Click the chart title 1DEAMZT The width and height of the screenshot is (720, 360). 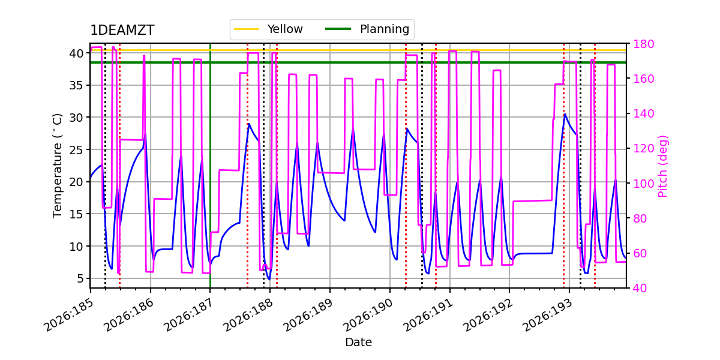tap(122, 30)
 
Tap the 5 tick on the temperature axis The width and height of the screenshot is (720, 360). tap(80, 278)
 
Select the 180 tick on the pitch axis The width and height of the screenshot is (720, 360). tap(643, 44)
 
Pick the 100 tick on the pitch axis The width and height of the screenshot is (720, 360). tap(643, 184)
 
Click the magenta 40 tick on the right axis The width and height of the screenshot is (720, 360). tap(640, 288)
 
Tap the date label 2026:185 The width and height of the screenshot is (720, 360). tap(69, 314)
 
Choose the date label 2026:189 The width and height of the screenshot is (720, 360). tap(308, 314)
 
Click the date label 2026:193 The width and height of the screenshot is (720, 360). tap(548, 314)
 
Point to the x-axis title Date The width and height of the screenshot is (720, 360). tap(358, 343)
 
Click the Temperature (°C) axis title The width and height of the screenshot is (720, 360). tap(57, 166)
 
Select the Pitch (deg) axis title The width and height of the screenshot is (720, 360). tap(663, 166)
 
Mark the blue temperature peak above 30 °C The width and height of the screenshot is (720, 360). tap(565, 114)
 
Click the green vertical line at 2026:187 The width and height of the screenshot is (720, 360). tap(210, 166)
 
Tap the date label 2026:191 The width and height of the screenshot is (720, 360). tap(428, 314)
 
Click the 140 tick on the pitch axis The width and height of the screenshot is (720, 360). tap(643, 113)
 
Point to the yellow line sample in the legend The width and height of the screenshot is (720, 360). tap(247, 29)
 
